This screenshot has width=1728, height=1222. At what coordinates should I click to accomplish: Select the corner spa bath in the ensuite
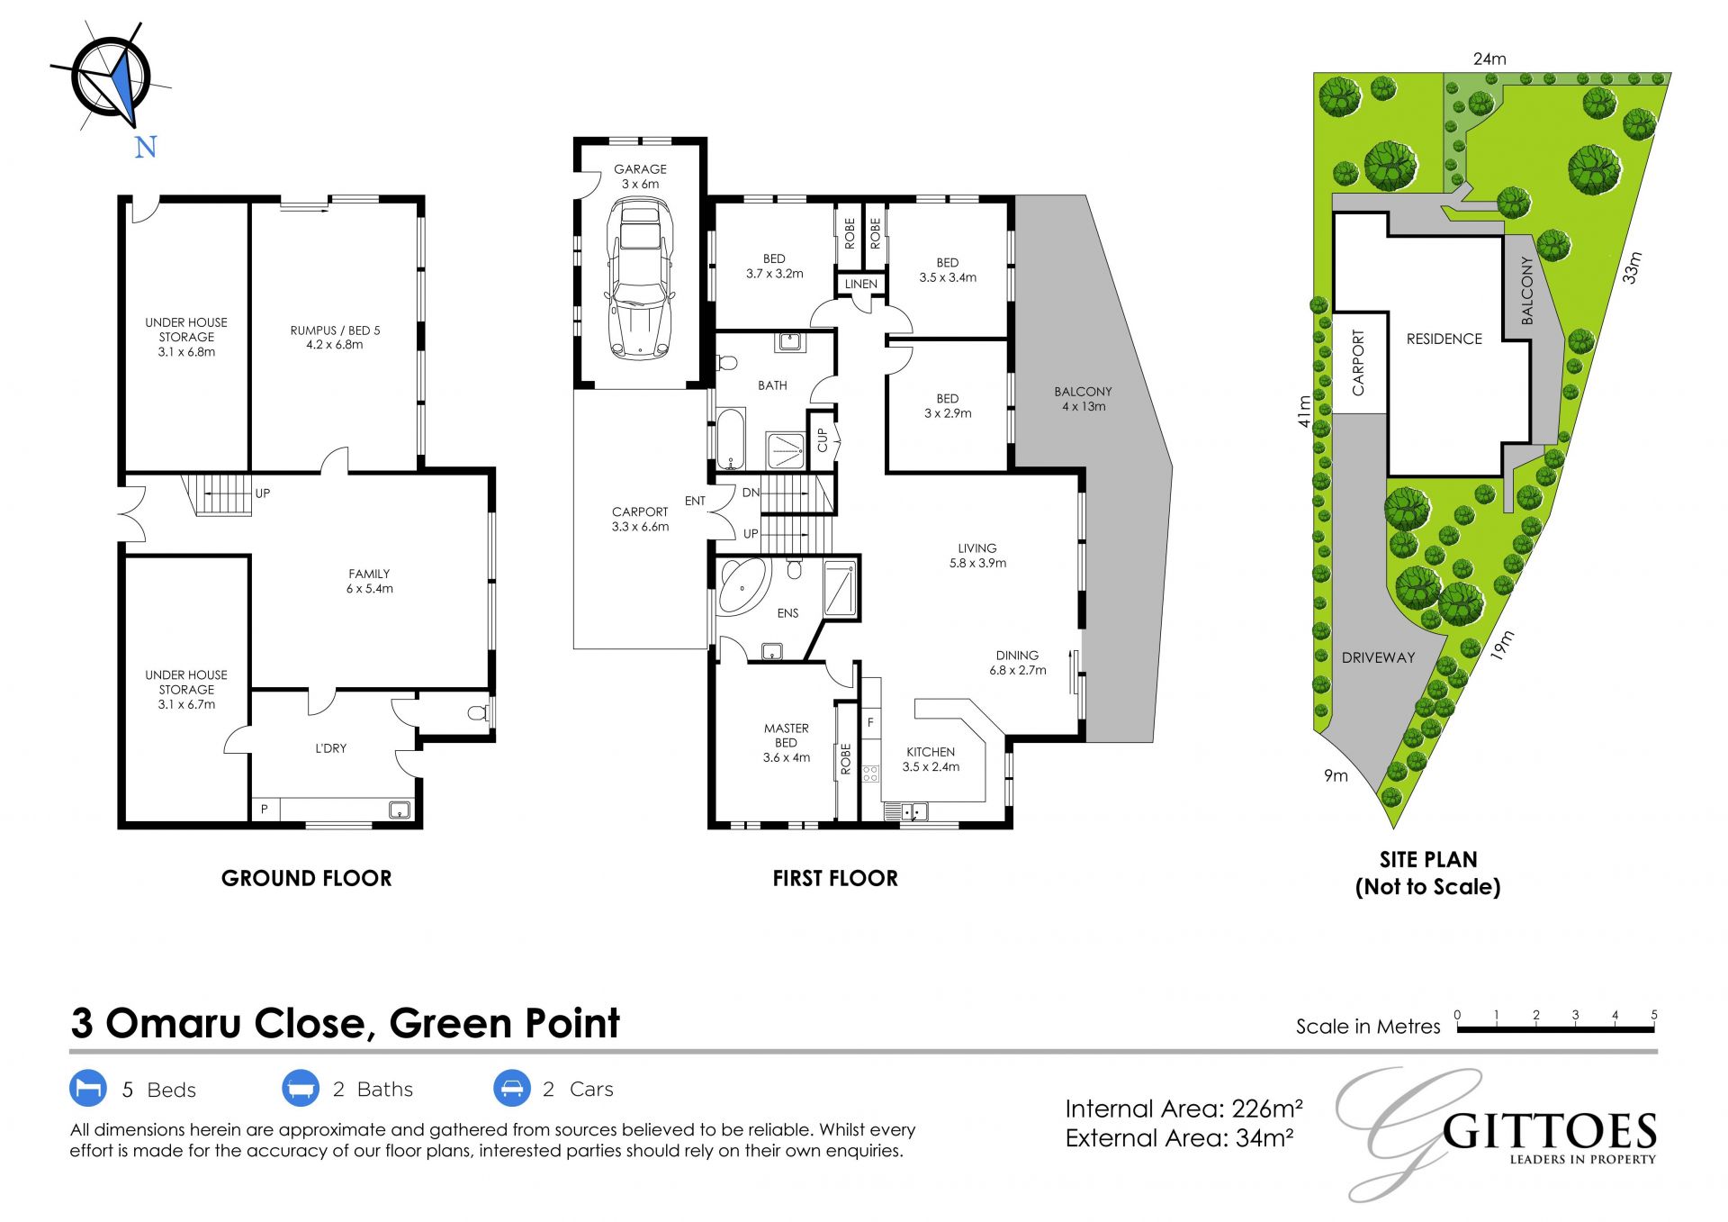click(x=743, y=587)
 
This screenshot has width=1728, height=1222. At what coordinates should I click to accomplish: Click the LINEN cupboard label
click(x=861, y=284)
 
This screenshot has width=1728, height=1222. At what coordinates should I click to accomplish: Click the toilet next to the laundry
click(x=479, y=714)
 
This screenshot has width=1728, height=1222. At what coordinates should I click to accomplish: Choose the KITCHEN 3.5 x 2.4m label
click(x=931, y=759)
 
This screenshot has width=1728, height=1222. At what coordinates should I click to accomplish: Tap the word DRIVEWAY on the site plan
click(x=1378, y=657)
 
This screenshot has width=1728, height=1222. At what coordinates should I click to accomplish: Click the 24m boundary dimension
click(x=1489, y=59)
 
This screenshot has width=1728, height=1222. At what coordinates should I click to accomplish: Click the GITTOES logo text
click(x=1549, y=1132)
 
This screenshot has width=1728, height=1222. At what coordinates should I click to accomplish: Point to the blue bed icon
click(x=88, y=1088)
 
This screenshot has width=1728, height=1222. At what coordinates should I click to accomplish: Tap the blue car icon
click(x=511, y=1088)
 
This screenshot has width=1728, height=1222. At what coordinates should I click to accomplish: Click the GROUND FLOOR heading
click(x=307, y=878)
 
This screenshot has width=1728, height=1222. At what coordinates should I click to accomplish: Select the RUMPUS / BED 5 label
click(x=335, y=337)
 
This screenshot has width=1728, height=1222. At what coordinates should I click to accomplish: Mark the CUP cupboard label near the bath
click(x=822, y=440)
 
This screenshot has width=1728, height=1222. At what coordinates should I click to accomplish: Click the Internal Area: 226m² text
click(x=1184, y=1109)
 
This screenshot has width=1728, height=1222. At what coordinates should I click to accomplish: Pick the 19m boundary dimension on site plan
click(x=1502, y=645)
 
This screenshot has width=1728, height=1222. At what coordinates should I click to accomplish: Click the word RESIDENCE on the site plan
click(x=1444, y=339)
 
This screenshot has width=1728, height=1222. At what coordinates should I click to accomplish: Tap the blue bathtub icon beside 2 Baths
click(x=301, y=1088)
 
